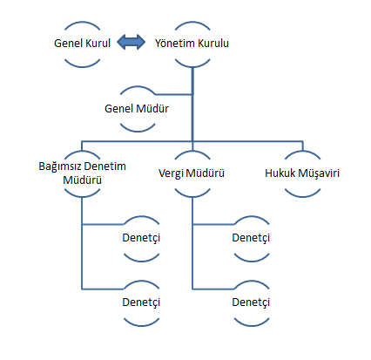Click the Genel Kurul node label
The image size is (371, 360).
tap(82, 44)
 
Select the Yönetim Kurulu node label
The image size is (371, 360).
tap(192, 44)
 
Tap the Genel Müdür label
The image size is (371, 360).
tap(137, 109)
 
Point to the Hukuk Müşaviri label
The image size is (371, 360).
tap(302, 173)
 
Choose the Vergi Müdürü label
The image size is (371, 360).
tap(192, 173)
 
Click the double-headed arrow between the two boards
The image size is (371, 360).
tap(131, 42)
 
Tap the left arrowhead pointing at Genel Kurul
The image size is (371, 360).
tap(121, 42)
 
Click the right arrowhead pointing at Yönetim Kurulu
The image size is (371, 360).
tap(140, 42)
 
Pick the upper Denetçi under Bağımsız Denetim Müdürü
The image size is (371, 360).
tap(141, 238)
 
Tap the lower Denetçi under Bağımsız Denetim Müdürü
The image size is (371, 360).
tap(141, 302)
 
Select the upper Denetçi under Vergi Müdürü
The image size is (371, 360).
tap(251, 238)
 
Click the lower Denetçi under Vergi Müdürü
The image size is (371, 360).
tap(251, 302)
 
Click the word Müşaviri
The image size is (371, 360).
tap(319, 173)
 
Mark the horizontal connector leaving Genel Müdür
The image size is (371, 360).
tap(173, 94)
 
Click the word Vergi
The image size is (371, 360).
tap(171, 173)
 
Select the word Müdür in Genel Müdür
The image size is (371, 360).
tap(152, 109)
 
